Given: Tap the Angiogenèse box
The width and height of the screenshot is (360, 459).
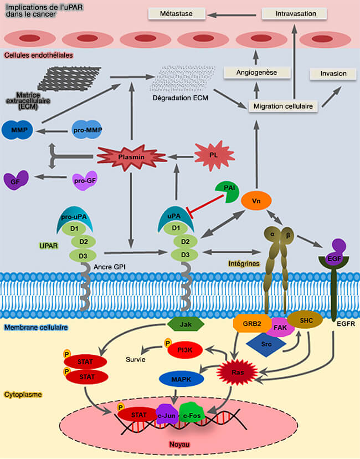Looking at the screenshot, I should (257, 72).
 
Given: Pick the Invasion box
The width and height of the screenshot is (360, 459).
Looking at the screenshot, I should (333, 73).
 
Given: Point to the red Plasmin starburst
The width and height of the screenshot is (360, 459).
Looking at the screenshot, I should (132, 157).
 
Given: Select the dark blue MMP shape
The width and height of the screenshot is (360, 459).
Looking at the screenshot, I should (19, 131).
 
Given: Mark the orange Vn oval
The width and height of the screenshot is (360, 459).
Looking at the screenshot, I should (256, 200).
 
